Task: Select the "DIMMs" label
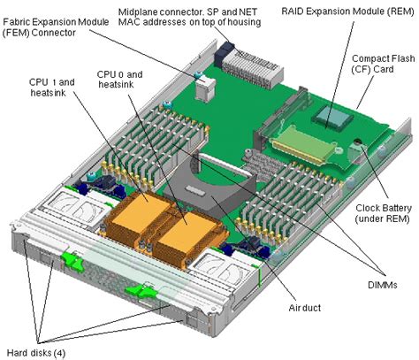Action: (x=383, y=285)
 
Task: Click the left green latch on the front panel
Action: (x=70, y=261)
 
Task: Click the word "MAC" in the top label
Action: (x=132, y=21)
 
